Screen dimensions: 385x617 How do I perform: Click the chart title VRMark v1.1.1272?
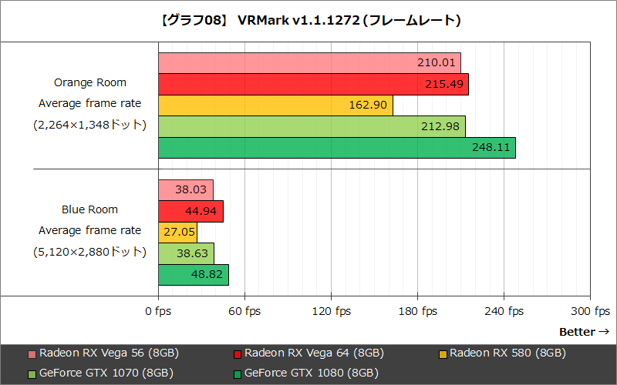(308, 19)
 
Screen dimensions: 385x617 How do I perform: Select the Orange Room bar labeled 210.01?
(309, 63)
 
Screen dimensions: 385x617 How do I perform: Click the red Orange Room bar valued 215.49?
(313, 84)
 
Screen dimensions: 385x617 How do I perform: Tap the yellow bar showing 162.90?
(275, 105)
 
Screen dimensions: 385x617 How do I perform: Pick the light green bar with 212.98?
(312, 126)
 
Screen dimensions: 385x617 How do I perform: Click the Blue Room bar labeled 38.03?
(186, 190)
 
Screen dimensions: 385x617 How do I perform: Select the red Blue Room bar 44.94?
(190, 211)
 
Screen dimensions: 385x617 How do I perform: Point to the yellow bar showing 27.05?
(178, 233)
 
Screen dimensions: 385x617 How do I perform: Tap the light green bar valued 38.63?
(186, 253)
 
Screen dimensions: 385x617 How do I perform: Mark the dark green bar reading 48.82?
(194, 275)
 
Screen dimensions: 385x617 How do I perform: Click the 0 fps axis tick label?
(158, 311)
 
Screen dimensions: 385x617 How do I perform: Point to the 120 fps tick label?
(331, 311)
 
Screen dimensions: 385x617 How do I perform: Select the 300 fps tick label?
(590, 311)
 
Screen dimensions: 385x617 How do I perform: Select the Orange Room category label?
(90, 82)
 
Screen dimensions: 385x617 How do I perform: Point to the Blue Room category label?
(90, 209)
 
